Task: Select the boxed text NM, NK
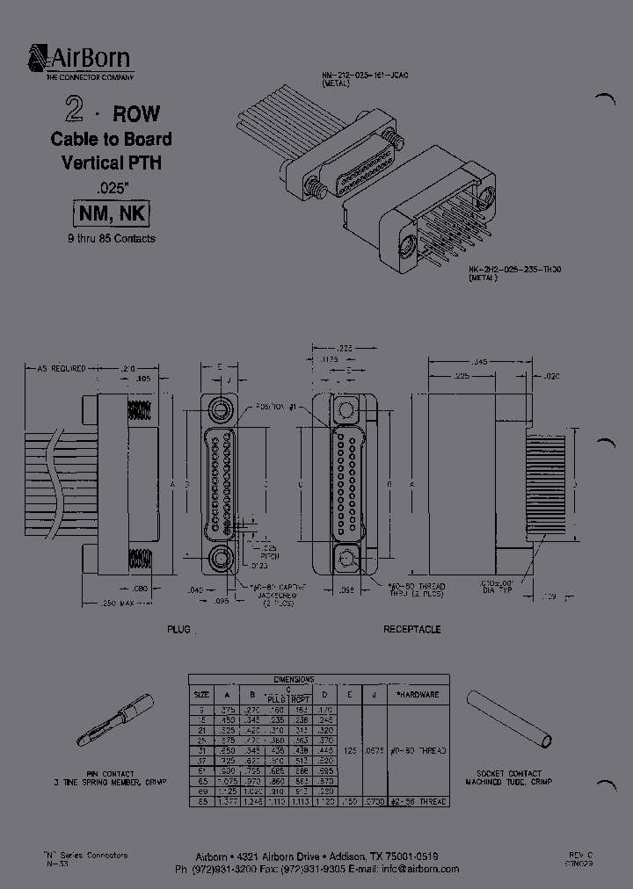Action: (x=111, y=214)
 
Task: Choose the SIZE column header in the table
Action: (x=202, y=694)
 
